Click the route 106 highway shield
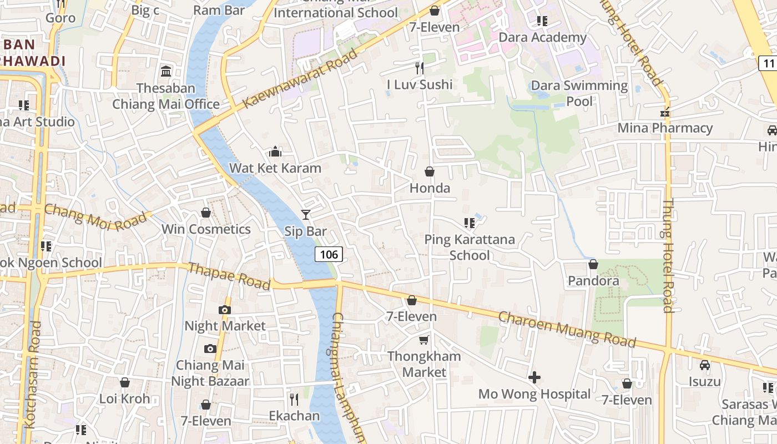point(329,254)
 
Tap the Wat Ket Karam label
point(275,168)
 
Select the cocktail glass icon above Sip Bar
point(305,214)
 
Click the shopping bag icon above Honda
point(430,172)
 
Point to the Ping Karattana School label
point(470,247)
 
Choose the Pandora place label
point(593,281)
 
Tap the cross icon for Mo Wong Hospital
point(534,377)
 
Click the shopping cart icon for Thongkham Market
point(424,340)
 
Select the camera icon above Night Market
point(225,310)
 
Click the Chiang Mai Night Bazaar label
point(210,373)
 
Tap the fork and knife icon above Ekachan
point(294,399)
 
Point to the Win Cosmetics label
point(206,229)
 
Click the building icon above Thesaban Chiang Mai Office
point(165,72)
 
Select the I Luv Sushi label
point(420,84)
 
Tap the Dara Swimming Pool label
point(579,93)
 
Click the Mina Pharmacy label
point(665,128)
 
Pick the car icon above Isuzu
point(705,365)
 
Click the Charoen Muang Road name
point(567,329)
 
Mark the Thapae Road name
point(229,276)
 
